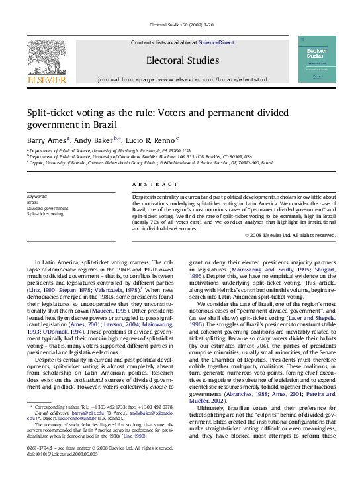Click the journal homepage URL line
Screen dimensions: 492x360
(182, 79)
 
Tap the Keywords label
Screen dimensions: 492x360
(37, 197)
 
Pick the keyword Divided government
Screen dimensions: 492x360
(47, 209)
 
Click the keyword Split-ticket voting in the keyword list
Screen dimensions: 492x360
(46, 214)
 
